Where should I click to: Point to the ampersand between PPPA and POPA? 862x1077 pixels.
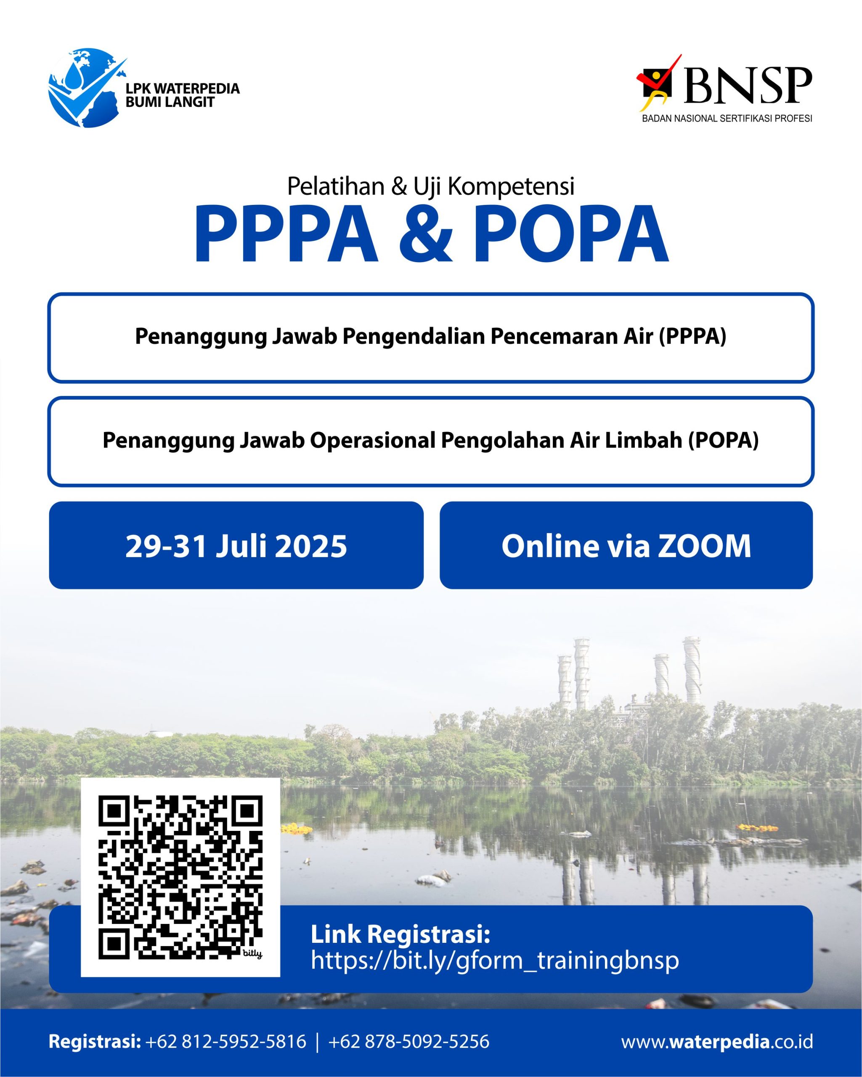point(425,235)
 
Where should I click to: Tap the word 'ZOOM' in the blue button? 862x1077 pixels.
point(704,546)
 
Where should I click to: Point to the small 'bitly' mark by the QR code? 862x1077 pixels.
point(252,954)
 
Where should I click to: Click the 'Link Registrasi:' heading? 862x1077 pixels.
point(400,934)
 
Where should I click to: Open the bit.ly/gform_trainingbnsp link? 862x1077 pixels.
point(494,960)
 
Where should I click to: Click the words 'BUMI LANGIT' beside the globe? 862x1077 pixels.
point(170,102)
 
